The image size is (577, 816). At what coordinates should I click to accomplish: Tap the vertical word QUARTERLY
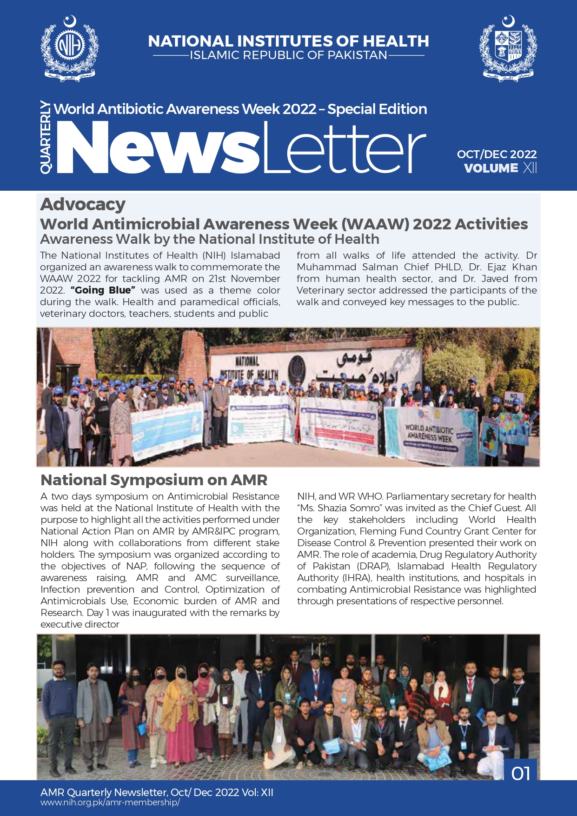pyautogui.click(x=46, y=137)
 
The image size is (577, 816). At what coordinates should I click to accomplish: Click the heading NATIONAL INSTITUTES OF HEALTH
pyautogui.click(x=288, y=41)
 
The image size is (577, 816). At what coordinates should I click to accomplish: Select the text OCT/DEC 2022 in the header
pyautogui.click(x=497, y=154)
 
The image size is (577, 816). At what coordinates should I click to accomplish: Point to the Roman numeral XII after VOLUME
pyautogui.click(x=530, y=168)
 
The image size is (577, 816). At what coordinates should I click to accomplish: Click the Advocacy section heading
pyautogui.click(x=83, y=204)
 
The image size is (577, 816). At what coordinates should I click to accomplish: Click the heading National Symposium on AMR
pyautogui.click(x=154, y=480)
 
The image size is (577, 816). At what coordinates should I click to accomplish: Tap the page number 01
pyautogui.click(x=521, y=774)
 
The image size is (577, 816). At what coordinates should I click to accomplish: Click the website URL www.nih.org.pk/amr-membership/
pyautogui.click(x=110, y=803)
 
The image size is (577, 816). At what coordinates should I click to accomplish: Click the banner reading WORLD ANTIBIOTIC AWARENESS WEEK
pyautogui.click(x=428, y=433)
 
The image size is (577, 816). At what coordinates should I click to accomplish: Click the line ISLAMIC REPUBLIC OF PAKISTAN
pyautogui.click(x=288, y=55)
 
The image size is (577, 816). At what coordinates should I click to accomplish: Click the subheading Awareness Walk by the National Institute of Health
pyautogui.click(x=209, y=239)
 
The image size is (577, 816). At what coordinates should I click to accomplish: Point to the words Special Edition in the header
pyautogui.click(x=377, y=109)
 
